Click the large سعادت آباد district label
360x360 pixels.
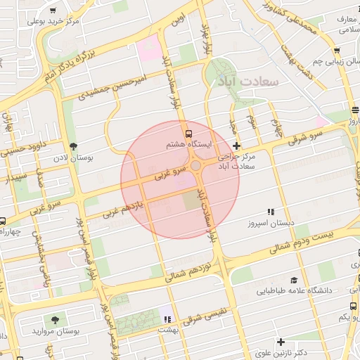(x=250, y=82)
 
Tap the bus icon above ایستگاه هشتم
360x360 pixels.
(x=188, y=133)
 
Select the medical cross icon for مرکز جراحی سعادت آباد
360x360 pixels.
(x=236, y=146)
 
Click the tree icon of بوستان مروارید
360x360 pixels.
(x=56, y=319)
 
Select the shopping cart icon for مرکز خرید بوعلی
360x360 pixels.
(x=53, y=11)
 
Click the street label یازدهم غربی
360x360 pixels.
(x=123, y=207)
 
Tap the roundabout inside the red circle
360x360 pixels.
(x=195, y=166)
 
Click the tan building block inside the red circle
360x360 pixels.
(x=192, y=201)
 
